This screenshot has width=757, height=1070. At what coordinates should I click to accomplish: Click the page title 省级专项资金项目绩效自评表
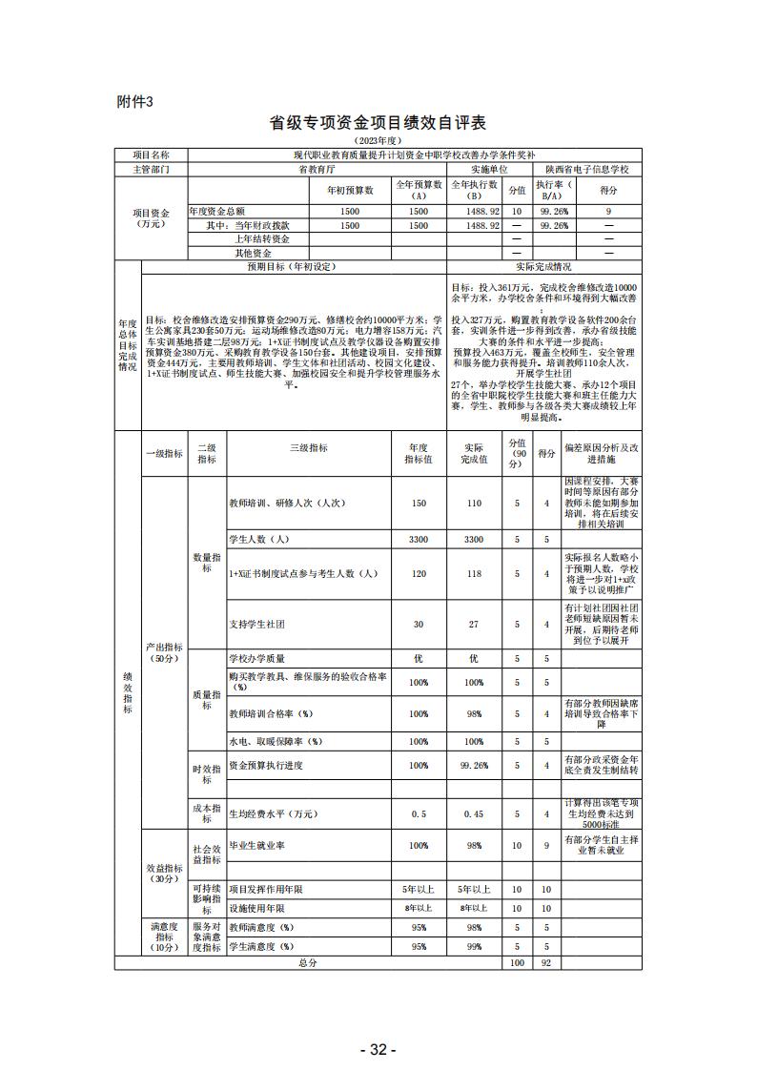click(378, 123)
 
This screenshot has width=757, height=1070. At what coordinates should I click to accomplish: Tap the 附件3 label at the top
click(133, 102)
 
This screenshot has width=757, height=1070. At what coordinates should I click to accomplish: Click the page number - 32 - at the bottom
click(378, 1049)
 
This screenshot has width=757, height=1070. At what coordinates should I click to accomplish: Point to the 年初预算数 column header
click(349, 190)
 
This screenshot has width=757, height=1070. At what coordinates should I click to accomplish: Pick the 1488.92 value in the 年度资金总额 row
click(475, 211)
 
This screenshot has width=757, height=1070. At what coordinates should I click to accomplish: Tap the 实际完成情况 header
click(543, 268)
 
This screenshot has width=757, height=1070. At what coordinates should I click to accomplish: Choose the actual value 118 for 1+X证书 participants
click(474, 573)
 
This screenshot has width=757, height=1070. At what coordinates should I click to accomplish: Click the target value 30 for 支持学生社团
click(418, 624)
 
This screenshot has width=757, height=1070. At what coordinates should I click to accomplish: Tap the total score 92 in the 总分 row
click(545, 963)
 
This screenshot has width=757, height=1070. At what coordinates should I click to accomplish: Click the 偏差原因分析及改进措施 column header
click(601, 453)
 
